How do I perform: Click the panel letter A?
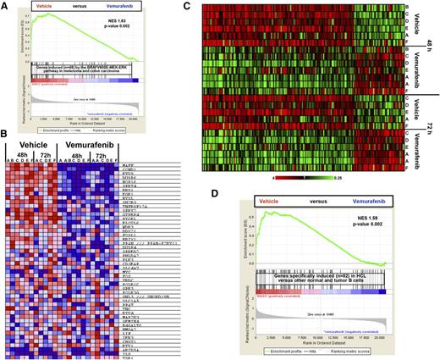click(x=6, y=6)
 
